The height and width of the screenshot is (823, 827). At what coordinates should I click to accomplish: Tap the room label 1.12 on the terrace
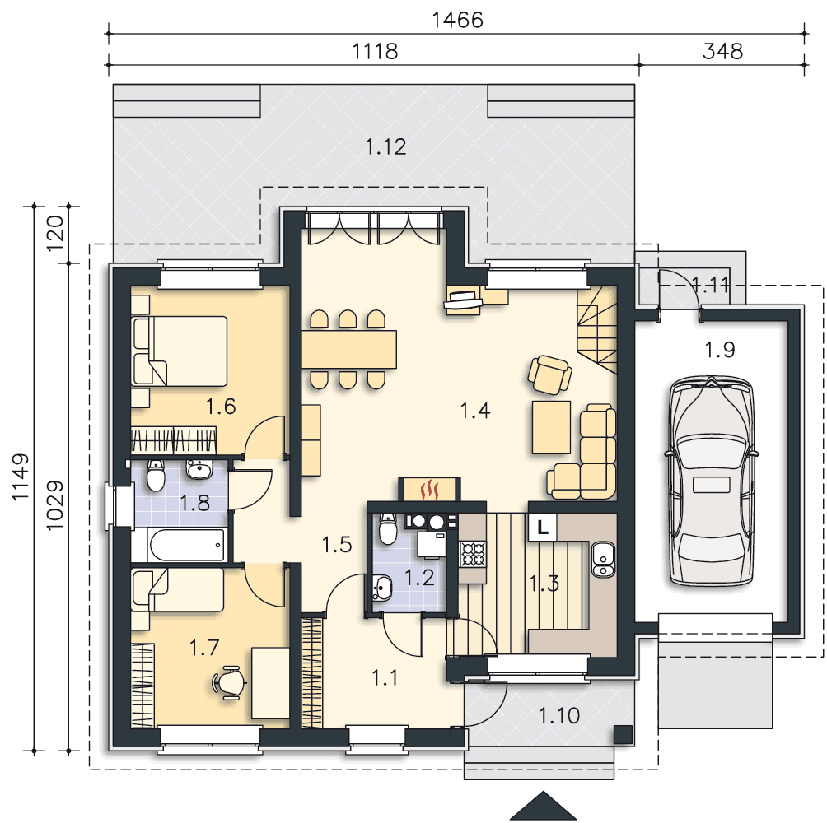coord(386,147)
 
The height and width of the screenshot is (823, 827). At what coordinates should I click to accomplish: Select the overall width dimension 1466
coord(457,20)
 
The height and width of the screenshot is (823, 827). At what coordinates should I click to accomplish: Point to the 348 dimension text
coord(722,51)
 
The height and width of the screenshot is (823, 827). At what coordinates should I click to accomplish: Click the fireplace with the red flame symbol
coord(430,489)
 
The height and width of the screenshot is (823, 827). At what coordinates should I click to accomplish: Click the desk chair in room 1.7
coord(228,683)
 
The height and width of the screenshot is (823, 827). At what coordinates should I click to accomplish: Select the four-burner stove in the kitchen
coord(473,554)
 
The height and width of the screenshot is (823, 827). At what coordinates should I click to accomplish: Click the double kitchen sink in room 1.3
coord(602,560)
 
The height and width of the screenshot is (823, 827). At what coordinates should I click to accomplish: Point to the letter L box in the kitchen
coord(542,527)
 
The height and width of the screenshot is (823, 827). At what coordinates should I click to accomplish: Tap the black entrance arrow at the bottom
coord(544,806)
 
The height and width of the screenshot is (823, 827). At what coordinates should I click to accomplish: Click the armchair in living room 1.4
coord(550,374)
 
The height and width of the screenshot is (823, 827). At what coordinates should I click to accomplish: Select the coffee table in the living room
coord(551,427)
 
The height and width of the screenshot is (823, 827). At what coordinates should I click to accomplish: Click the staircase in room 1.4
coord(597,330)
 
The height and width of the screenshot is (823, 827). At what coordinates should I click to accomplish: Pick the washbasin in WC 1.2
coord(381,588)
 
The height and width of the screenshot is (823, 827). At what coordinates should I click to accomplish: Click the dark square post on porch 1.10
coord(623,734)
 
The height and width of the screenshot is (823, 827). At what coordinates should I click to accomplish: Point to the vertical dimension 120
coord(55,234)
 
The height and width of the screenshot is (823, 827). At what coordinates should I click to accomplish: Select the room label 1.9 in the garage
coord(720,349)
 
